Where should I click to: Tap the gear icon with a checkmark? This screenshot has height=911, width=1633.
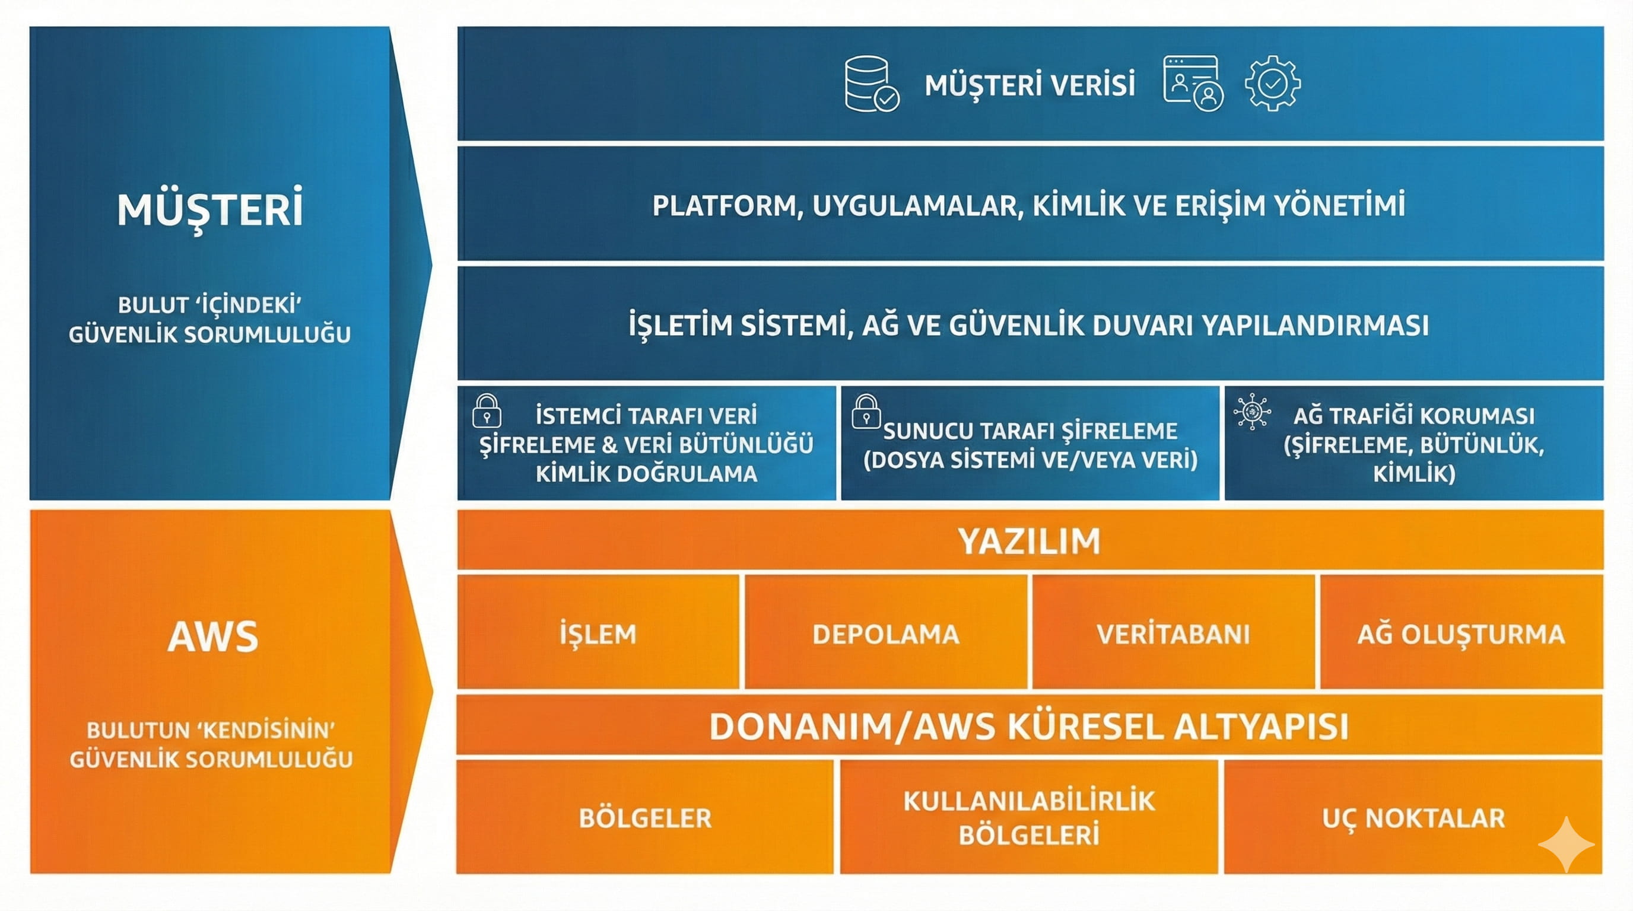(1272, 83)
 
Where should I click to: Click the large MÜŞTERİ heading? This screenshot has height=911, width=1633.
(210, 210)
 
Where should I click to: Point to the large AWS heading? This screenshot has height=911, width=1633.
(213, 636)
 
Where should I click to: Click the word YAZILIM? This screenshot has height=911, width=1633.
(1029, 541)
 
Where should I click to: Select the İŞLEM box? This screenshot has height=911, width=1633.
(598, 633)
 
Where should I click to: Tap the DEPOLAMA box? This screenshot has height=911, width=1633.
(885, 633)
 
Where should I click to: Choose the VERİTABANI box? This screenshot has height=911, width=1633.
(1173, 633)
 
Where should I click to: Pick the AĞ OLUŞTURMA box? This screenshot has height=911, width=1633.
(1460, 633)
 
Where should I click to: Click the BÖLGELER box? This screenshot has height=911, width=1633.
(644, 818)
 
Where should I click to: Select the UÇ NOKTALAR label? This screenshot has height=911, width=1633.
(1413, 818)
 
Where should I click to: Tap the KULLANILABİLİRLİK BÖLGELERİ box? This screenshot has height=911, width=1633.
(1029, 818)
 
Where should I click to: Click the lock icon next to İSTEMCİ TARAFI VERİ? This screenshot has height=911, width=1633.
(487, 412)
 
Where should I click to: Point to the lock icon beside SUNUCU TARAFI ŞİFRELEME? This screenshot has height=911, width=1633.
(865, 412)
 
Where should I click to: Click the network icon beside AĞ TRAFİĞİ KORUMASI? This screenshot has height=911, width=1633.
(1252, 412)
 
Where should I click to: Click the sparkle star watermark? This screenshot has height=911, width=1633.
(1566, 845)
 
